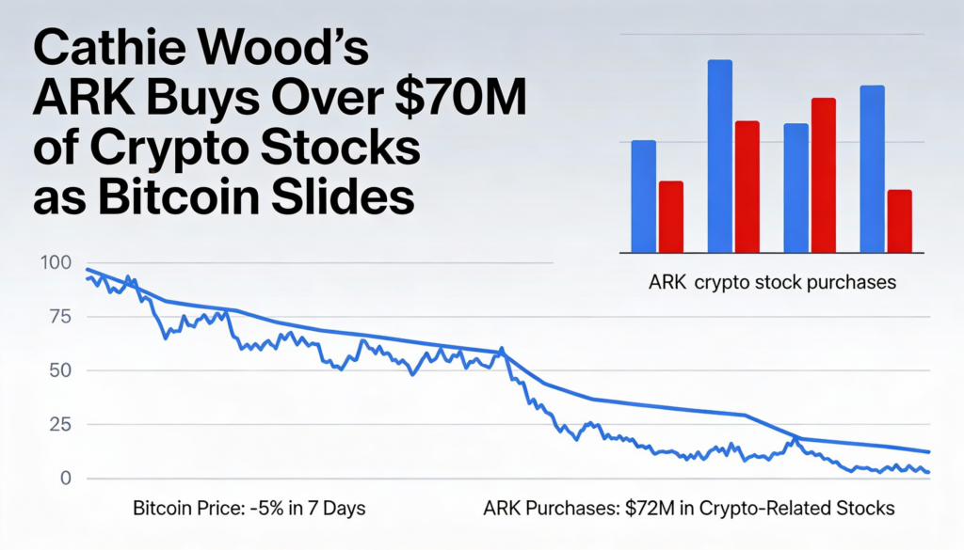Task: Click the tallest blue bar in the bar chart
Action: [x=720, y=156]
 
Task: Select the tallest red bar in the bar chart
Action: [x=824, y=175]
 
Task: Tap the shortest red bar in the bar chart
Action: [x=900, y=221]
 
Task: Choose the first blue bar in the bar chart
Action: [x=644, y=196]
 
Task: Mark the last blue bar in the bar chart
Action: [x=873, y=169]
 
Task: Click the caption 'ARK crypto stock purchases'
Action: [x=772, y=281]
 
